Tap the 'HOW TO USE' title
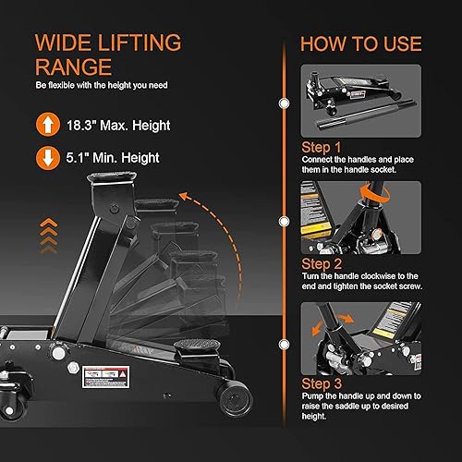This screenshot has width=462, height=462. coord(360,43)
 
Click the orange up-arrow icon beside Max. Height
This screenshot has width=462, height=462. coord(43,123)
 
